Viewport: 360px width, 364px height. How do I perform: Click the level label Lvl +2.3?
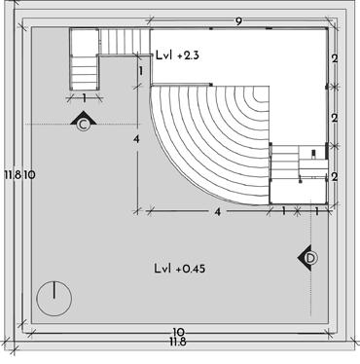pyautogui.click(x=177, y=55)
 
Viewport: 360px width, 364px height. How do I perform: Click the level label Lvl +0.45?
pyautogui.click(x=180, y=269)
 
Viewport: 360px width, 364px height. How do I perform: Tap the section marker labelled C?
pyautogui.click(x=84, y=122)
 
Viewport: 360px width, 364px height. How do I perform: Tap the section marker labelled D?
pyautogui.click(x=307, y=258)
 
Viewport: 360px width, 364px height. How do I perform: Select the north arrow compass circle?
pyautogui.click(x=54, y=299)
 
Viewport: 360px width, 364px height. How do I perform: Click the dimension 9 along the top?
pyautogui.click(x=238, y=21)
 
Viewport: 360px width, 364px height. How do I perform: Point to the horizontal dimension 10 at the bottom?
pyautogui.click(x=178, y=332)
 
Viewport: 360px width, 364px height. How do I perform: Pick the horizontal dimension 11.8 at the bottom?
pyautogui.click(x=178, y=342)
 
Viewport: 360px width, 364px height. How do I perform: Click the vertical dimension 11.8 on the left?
pyautogui.click(x=13, y=175)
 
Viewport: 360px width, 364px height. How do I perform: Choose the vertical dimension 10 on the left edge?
pyautogui.click(x=29, y=175)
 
